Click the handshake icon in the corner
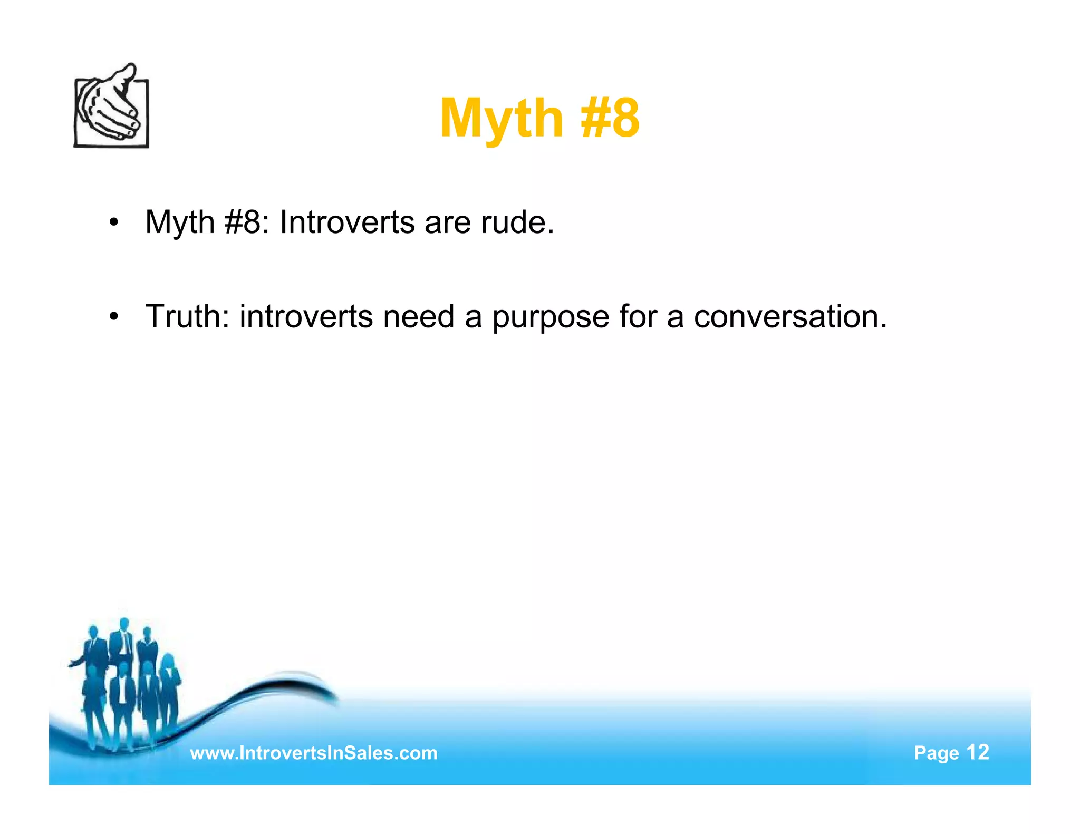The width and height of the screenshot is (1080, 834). tap(111, 108)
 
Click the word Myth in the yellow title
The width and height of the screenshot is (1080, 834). tap(502, 119)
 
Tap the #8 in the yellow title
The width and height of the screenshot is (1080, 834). tap(610, 119)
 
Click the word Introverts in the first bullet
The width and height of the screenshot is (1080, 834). tap(347, 222)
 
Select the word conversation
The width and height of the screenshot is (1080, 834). tap(790, 316)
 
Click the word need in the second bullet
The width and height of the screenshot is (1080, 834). tap(419, 316)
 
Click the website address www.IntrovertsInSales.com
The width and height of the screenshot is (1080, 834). tap(313, 753)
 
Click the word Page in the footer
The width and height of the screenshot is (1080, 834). tap(936, 753)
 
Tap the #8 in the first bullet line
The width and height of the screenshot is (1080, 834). tap(243, 222)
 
